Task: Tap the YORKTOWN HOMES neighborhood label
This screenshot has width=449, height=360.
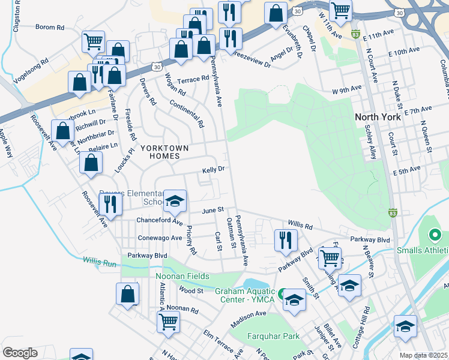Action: pos(164,152)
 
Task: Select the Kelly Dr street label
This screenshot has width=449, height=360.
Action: pos(213,170)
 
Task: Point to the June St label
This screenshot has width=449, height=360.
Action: pos(212,211)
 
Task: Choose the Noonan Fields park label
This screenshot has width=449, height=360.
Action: pos(183,276)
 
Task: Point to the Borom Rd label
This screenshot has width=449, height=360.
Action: pos(50,27)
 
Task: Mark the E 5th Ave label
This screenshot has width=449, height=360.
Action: pos(406,170)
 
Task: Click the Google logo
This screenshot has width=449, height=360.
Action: pos(20,353)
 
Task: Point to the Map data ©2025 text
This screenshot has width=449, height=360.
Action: pos(423,355)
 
